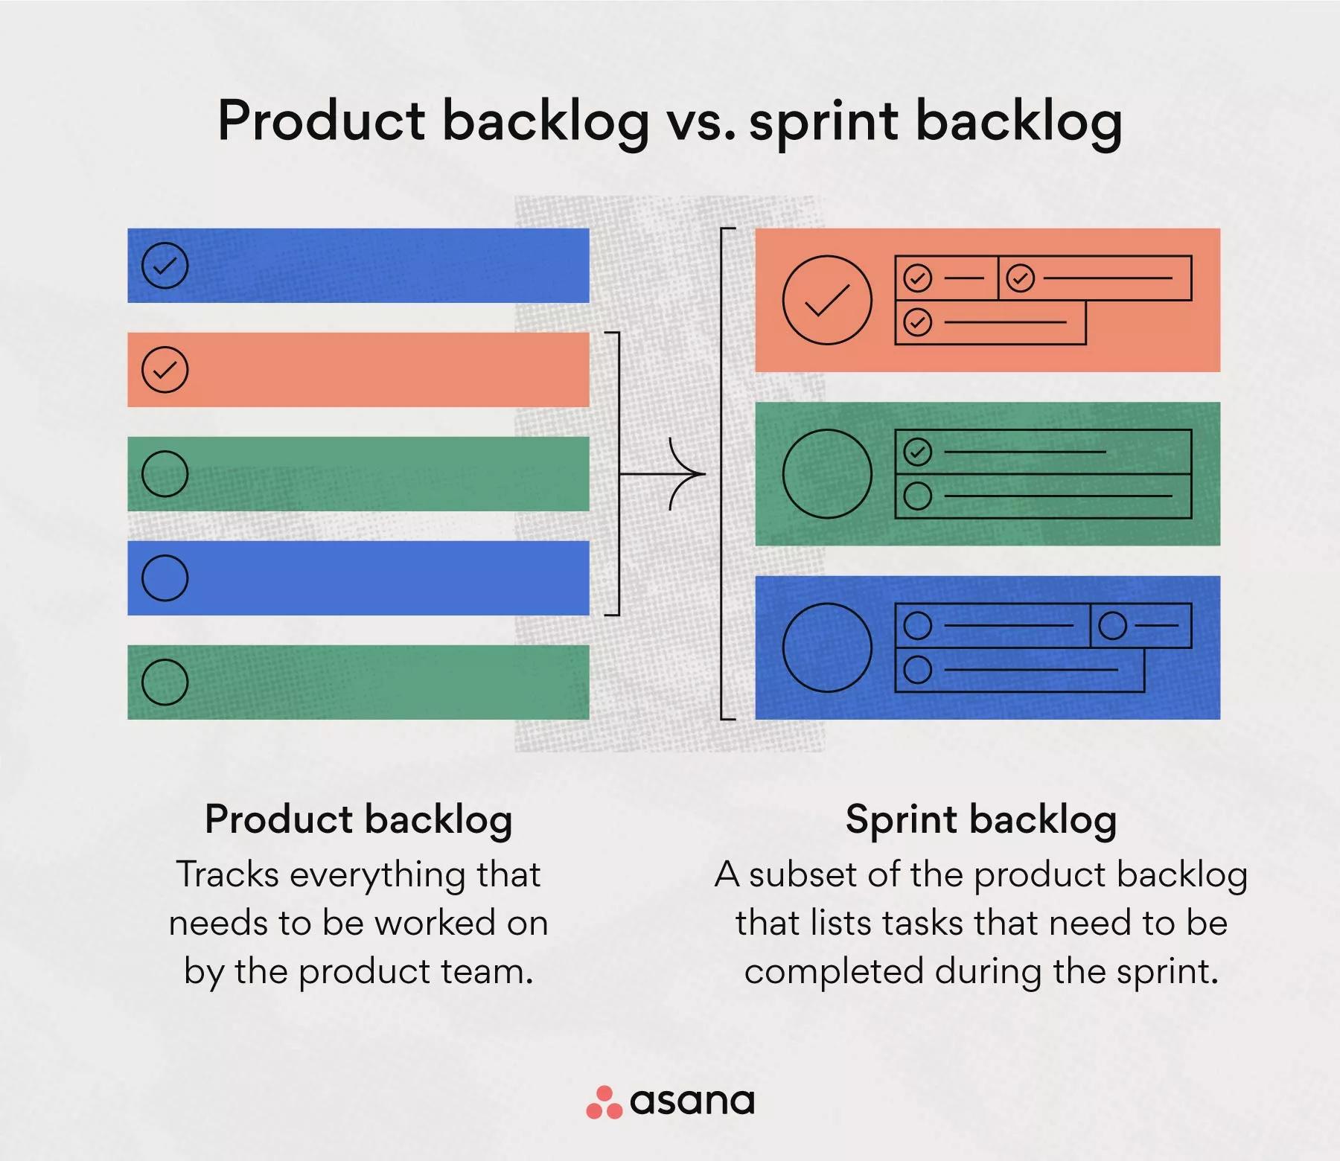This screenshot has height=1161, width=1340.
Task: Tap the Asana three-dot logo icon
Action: [x=604, y=1102]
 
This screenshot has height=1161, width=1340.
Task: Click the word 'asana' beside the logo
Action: [x=692, y=1101]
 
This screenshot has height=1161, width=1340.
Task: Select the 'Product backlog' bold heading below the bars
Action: [x=359, y=820]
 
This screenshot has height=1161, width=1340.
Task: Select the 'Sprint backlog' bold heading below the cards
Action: [x=981, y=820]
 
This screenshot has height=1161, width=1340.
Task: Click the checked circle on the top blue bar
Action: [x=165, y=266]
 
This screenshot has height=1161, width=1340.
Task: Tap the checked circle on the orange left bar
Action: [x=165, y=370]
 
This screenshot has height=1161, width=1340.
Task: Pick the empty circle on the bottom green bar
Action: [x=165, y=682]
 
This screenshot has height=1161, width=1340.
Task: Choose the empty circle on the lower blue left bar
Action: [x=165, y=578]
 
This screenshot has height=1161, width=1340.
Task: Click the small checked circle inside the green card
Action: [x=917, y=452]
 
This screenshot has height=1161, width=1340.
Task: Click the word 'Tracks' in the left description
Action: [x=227, y=874]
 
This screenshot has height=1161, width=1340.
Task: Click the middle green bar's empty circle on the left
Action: [x=165, y=474]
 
